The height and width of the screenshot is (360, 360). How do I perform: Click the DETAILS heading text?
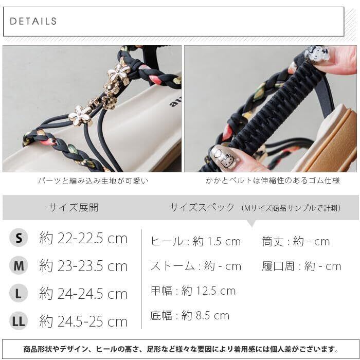33,21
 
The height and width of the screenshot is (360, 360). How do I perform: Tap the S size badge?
19,238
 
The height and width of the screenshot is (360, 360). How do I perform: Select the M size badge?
19,265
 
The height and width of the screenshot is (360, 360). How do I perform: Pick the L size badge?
19,293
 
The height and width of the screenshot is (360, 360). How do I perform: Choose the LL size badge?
19,321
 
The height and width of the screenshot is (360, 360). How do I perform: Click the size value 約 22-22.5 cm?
83,238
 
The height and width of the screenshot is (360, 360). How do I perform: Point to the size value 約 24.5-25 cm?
83,321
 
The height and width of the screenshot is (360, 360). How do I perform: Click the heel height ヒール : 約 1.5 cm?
195,241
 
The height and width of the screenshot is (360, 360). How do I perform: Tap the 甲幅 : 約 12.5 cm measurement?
193,291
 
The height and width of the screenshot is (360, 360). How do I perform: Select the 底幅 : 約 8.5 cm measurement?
190,315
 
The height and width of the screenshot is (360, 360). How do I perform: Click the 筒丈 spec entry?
296,241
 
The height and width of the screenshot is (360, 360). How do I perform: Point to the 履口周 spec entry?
301,266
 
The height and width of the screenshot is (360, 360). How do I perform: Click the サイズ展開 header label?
74,208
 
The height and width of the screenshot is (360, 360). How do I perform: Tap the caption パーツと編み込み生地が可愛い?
93,181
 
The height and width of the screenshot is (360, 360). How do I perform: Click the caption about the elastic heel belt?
273,181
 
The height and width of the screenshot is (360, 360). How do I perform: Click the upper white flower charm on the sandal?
119,72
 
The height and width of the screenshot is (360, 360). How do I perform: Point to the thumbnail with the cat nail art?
271,109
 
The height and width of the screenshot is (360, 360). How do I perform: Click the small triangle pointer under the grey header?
252,223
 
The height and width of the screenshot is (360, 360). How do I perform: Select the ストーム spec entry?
196,266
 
